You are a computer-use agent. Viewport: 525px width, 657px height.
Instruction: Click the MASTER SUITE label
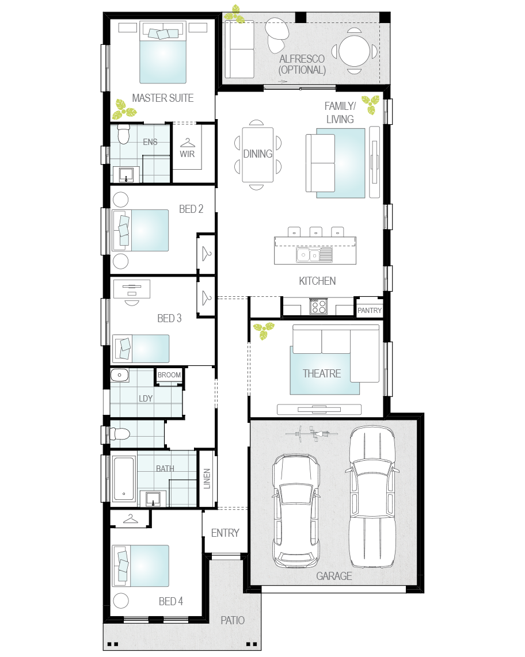pyautogui.click(x=163, y=98)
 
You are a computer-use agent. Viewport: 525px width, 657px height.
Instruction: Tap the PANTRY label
pyautogui.click(x=370, y=311)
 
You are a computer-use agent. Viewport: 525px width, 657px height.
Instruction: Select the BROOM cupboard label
pyautogui.click(x=169, y=375)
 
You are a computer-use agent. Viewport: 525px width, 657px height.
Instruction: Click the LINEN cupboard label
pyautogui.click(x=207, y=479)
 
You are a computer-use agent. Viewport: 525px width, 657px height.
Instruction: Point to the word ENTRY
pyautogui.click(x=225, y=533)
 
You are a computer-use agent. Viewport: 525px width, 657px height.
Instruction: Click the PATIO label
pyautogui.click(x=233, y=620)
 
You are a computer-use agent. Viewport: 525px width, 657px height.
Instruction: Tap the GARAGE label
pyautogui.click(x=334, y=576)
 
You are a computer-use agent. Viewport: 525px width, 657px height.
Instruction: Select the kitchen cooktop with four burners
pyautogui.click(x=318, y=306)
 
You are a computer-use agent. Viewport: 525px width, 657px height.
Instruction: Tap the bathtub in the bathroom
pyautogui.click(x=124, y=479)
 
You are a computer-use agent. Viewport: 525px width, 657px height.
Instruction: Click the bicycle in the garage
pyautogui.click(x=311, y=434)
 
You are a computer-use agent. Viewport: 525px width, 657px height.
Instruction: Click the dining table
pyautogui.click(x=258, y=155)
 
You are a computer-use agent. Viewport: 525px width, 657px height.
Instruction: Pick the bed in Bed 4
pyautogui.click(x=141, y=566)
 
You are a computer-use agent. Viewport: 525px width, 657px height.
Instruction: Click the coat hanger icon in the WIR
pyautogui.click(x=188, y=143)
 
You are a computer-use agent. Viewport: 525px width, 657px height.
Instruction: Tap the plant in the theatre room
pyautogui.click(x=264, y=330)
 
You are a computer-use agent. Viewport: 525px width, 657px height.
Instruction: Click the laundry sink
pyautogui.click(x=120, y=375)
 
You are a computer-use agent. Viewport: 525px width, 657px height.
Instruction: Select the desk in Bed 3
pyautogui.click(x=132, y=289)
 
